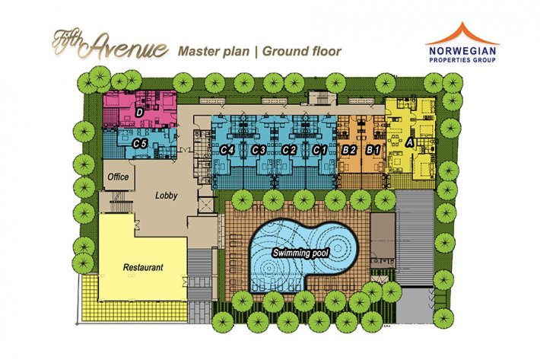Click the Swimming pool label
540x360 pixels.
[300, 253]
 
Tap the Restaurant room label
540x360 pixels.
[143, 267]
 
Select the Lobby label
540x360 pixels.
[167, 196]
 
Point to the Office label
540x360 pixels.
[118, 177]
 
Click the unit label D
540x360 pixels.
[139, 113]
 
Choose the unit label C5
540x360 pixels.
[139, 144]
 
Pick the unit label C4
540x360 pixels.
[227, 150]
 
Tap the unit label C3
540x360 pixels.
[259, 150]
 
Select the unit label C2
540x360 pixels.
[289, 150]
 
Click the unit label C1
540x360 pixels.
[319, 150]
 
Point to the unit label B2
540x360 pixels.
[348, 150]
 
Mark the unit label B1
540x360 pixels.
[373, 150]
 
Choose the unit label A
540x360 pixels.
[409, 142]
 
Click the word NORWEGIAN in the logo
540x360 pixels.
[462, 51]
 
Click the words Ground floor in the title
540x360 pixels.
[302, 51]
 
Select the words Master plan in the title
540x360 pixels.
[214, 51]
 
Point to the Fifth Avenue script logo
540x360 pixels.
[110, 45]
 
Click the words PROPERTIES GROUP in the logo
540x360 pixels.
[462, 60]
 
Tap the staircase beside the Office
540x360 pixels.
[120, 206]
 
